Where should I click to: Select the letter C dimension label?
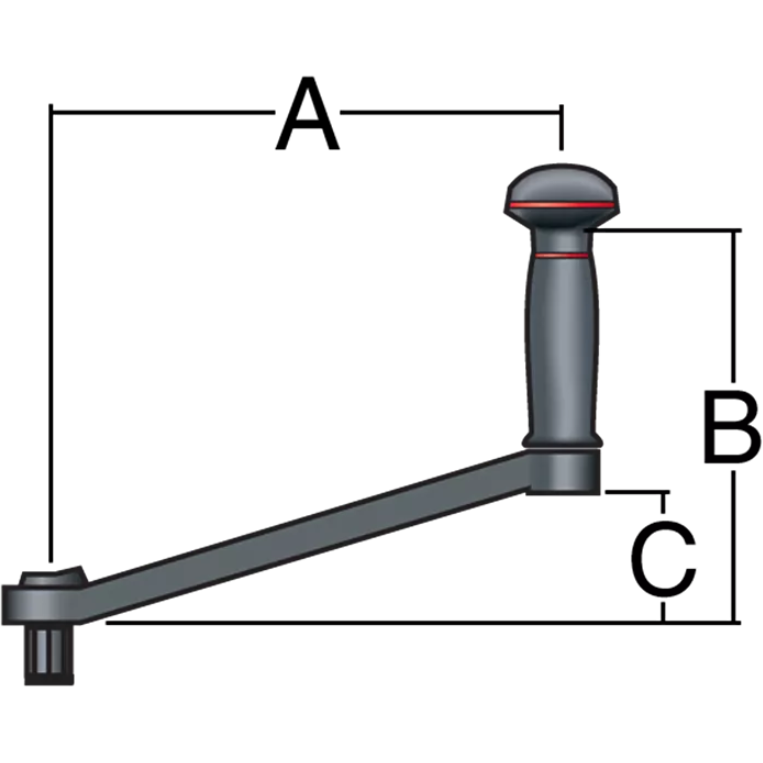pyautogui.click(x=663, y=559)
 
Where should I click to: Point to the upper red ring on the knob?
pyautogui.click(x=561, y=206)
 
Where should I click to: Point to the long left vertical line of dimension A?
pyautogui.click(x=49, y=330)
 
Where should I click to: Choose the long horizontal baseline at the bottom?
pyautogui.click(x=400, y=622)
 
